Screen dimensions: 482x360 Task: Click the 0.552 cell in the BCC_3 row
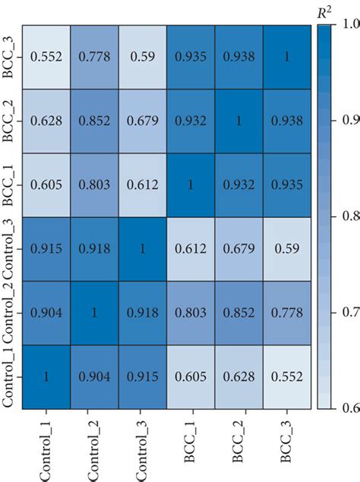click(46, 56)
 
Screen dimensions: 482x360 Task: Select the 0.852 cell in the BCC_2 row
click(94, 121)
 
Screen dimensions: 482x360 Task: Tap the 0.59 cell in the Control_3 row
click(287, 249)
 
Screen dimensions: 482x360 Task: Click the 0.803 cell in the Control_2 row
click(191, 313)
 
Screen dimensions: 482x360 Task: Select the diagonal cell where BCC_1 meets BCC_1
click(191, 184)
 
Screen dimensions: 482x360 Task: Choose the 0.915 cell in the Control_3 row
click(46, 249)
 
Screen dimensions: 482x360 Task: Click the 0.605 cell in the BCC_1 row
click(46, 184)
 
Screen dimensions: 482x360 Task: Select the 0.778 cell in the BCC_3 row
click(94, 56)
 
